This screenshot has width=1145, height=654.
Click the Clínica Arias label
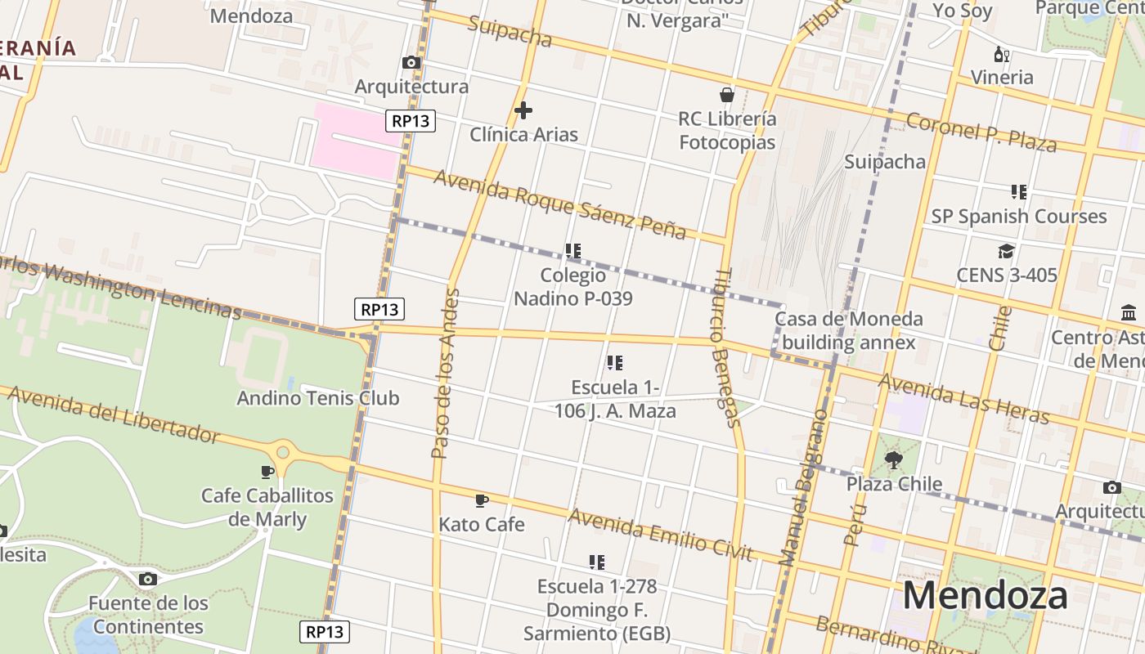[x=523, y=135]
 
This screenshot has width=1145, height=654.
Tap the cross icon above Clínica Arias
[x=523, y=110]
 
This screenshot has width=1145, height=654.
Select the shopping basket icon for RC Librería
[x=727, y=94]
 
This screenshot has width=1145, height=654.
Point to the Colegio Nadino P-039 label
[x=572, y=287]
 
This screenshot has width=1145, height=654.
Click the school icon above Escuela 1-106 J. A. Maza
[x=615, y=362]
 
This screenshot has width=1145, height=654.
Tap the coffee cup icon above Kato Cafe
[x=482, y=499]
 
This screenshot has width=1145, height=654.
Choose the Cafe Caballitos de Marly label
[x=267, y=508]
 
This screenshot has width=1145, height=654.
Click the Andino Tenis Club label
[x=317, y=398]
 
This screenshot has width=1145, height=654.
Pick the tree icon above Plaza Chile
[x=893, y=459]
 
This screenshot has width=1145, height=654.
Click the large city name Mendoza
[x=985, y=595]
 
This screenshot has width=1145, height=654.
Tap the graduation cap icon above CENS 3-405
[x=1006, y=251]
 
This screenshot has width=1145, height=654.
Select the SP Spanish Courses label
[x=1019, y=217]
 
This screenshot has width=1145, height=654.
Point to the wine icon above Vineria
[x=1001, y=54]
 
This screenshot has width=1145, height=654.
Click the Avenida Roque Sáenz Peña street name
[x=560, y=204]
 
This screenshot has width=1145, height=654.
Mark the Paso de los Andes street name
[x=444, y=372]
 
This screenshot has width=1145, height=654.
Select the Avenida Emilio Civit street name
[x=660, y=534]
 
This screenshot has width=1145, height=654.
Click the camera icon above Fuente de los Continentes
[x=147, y=579]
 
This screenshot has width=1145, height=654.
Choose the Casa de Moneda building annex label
[x=848, y=330]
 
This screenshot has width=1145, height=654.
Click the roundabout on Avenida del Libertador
[x=283, y=451]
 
